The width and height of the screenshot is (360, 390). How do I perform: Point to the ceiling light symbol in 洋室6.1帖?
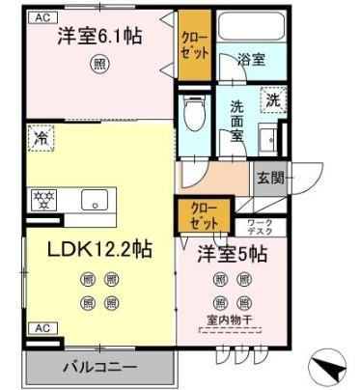pos(99,66)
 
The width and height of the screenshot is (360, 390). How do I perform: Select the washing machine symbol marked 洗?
pos(273,100)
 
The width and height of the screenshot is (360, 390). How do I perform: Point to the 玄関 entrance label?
pos(271,178)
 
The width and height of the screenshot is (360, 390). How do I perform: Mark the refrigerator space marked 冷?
pos(42,138)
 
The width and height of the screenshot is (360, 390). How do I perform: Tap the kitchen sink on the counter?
pos(94,202)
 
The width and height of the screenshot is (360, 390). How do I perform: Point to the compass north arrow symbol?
pos(327,368)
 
